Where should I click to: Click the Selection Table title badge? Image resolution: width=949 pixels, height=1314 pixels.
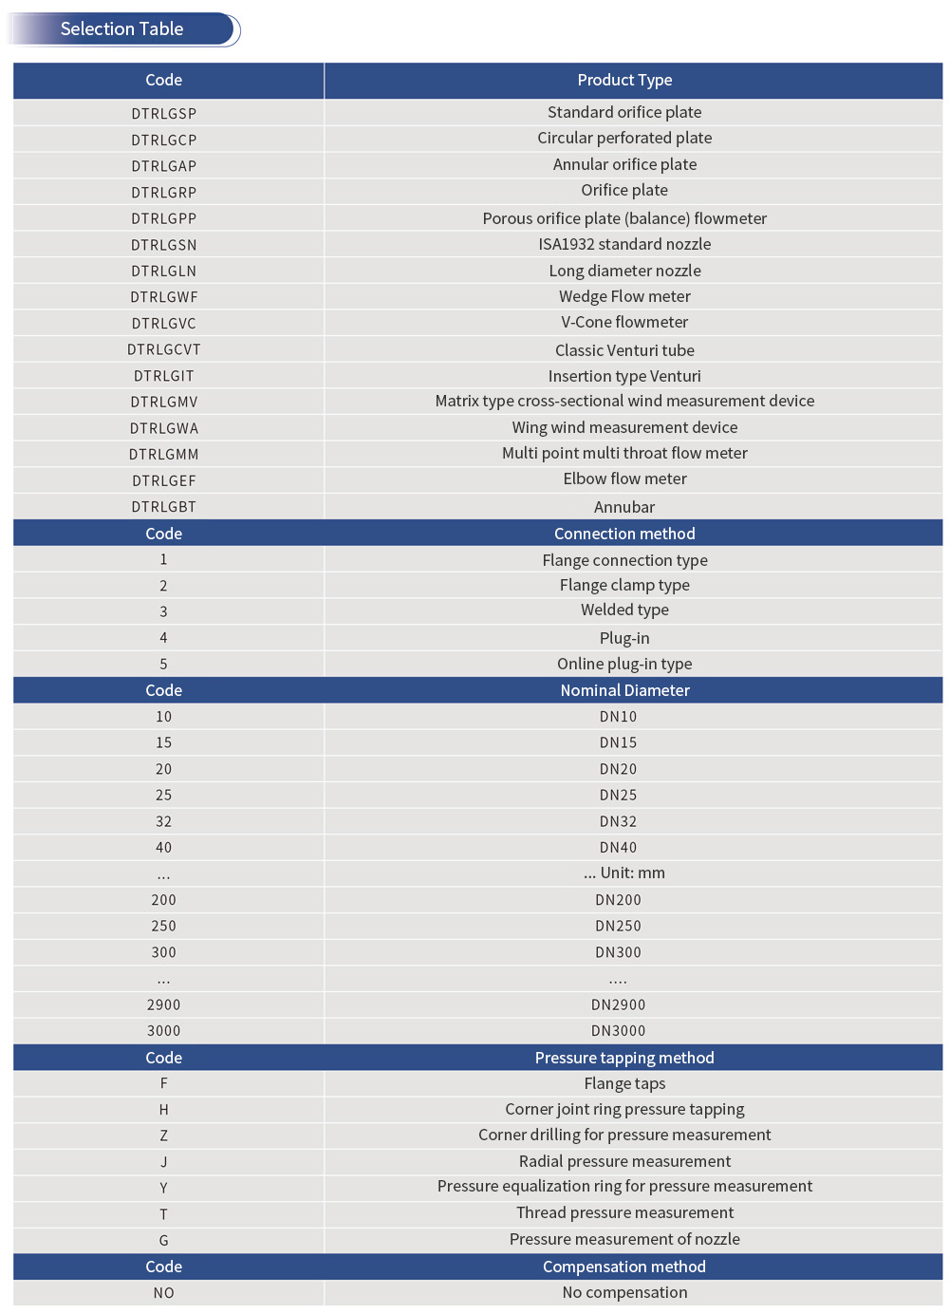pyautogui.click(x=122, y=29)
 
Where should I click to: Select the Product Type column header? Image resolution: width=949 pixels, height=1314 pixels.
pyautogui.click(x=624, y=81)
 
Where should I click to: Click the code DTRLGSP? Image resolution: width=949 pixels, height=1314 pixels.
pyautogui.click(x=164, y=114)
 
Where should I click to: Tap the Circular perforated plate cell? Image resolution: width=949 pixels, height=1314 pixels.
pyautogui.click(x=624, y=139)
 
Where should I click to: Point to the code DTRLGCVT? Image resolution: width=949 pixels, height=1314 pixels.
pyautogui.click(x=164, y=350)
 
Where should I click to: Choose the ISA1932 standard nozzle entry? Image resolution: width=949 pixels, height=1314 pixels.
pyautogui.click(x=624, y=245)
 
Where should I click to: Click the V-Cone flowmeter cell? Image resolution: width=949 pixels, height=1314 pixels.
pyautogui.click(x=624, y=323)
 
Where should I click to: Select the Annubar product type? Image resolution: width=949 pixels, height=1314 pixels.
pyautogui.click(x=624, y=507)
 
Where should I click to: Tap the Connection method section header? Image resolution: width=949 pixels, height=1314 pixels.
pyautogui.click(x=624, y=534)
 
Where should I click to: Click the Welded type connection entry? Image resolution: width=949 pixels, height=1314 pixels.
pyautogui.click(x=624, y=610)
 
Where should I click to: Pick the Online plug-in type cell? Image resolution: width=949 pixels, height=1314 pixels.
pyautogui.click(x=624, y=664)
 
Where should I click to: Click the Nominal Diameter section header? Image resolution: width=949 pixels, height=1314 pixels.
pyautogui.click(x=624, y=690)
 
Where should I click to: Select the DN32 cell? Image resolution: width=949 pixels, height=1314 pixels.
pyautogui.click(x=618, y=821)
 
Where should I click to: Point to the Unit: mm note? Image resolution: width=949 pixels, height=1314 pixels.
pyautogui.click(x=624, y=873)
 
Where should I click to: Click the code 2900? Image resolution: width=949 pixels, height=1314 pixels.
pyautogui.click(x=164, y=1004)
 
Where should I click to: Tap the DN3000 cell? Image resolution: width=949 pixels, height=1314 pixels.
pyautogui.click(x=618, y=1031)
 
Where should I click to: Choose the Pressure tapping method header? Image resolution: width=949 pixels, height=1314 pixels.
pyautogui.click(x=624, y=1058)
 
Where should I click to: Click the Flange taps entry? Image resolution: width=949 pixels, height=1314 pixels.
pyautogui.click(x=624, y=1083)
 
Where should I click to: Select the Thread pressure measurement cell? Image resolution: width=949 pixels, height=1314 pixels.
pyautogui.click(x=624, y=1213)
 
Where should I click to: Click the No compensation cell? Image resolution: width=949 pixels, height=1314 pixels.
pyautogui.click(x=624, y=1293)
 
